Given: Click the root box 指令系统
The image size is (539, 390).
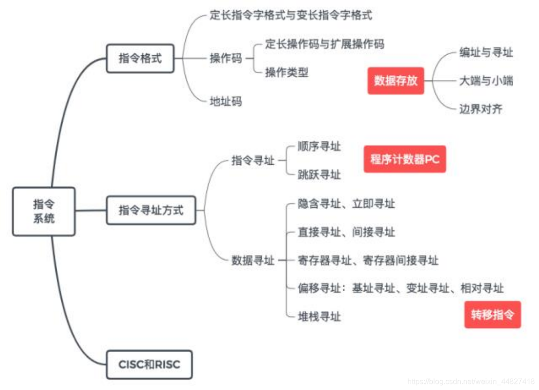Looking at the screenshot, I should [x=44, y=211].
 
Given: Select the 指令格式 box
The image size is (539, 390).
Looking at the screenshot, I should [x=140, y=59].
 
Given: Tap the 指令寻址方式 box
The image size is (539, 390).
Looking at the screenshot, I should [x=151, y=210].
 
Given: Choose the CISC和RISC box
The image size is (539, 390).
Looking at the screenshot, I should [x=149, y=364].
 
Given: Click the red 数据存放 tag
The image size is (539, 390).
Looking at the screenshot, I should [x=396, y=81].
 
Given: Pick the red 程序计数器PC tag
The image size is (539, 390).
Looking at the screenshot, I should [x=405, y=159].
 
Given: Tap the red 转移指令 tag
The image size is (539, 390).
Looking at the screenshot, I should [x=492, y=314].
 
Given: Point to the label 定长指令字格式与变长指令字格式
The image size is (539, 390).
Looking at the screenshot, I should [x=291, y=15].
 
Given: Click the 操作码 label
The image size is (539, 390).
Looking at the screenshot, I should [x=226, y=59].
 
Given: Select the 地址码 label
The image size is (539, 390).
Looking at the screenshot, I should [x=226, y=101].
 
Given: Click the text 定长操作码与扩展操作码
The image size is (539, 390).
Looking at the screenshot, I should [x=325, y=44].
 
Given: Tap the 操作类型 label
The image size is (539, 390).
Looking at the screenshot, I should [x=287, y=73].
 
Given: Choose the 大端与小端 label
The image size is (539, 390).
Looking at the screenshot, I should [x=486, y=81].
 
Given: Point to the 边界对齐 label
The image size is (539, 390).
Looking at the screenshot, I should [x=480, y=109].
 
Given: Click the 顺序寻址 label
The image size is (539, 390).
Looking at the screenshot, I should [x=319, y=147].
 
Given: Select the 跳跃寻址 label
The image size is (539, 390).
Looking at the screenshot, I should [x=319, y=175].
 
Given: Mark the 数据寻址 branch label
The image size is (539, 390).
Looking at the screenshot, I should [x=253, y=260].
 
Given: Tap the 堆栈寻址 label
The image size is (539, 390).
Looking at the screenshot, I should [x=319, y=316].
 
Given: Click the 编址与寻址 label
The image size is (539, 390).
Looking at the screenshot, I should [x=486, y=52].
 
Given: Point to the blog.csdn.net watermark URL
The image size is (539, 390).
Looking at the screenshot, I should [x=471, y=382].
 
